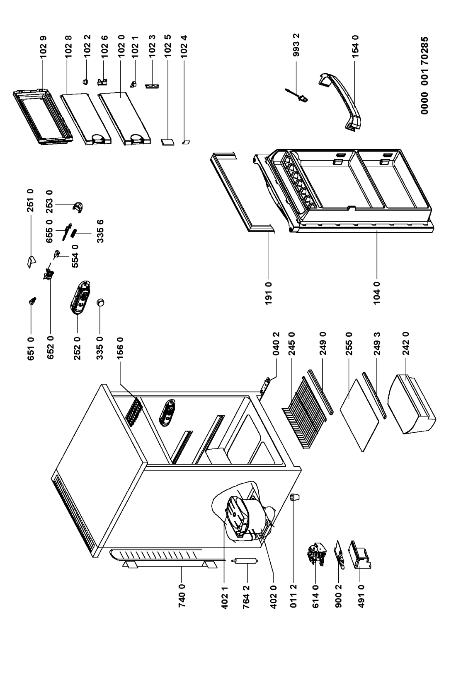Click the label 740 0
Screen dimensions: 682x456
(181, 607)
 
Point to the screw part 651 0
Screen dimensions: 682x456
(33, 301)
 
